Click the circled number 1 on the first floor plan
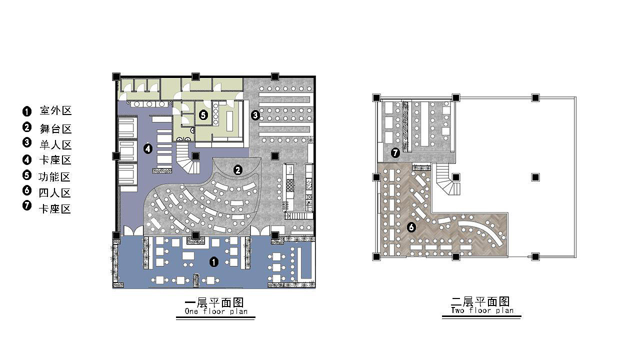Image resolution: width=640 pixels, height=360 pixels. click(214, 262)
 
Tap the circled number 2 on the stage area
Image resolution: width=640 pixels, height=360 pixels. click(237, 170)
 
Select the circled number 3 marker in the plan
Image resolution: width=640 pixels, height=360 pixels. click(255, 115)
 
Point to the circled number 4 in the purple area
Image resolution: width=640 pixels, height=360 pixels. click(147, 148)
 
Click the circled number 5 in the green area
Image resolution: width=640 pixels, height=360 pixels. click(203, 115)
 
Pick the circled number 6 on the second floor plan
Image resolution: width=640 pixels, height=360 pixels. click(411, 227)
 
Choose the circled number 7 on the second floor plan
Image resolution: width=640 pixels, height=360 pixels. click(395, 153)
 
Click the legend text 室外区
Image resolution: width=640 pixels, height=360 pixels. click(55, 110)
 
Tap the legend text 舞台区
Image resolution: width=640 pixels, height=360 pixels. click(55, 128)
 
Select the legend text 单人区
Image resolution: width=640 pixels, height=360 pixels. click(55, 145)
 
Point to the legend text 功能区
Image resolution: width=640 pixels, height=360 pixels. click(54, 177)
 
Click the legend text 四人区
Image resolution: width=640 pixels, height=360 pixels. click(54, 193)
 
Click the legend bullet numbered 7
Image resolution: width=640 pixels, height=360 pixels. click(27, 205)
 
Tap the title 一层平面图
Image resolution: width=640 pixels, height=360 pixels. click(214, 302)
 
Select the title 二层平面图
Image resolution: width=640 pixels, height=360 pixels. click(480, 301)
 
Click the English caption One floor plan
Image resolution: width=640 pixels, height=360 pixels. click(216, 311)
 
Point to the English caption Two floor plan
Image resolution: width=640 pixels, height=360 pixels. click(482, 310)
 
